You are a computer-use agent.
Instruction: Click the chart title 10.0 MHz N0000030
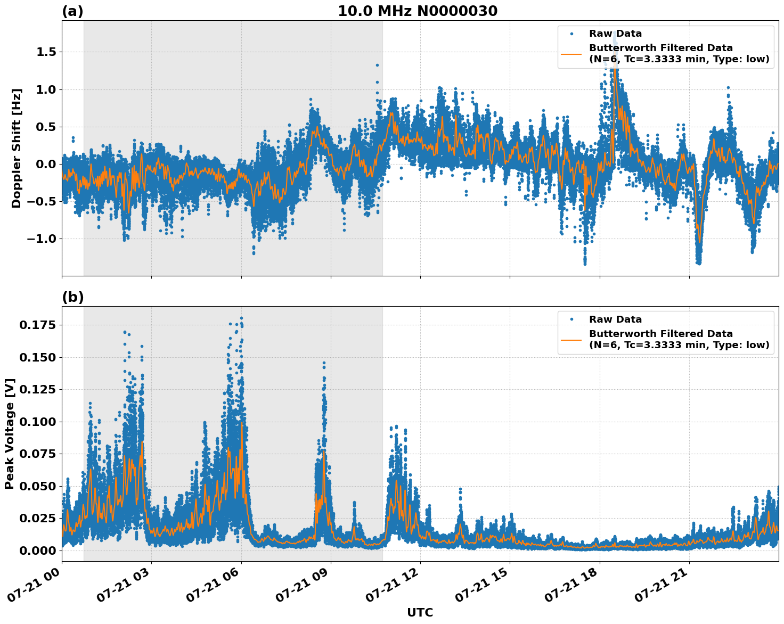point(418,11)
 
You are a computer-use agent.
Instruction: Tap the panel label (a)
point(72,11)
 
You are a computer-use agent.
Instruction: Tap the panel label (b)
point(73,297)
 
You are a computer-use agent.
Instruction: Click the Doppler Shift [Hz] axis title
point(17,148)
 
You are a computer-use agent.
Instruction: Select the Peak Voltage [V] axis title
point(10,433)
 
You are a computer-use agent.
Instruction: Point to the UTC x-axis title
point(420,612)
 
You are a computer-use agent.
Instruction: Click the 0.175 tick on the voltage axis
point(38,325)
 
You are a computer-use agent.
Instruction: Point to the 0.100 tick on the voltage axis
point(38,422)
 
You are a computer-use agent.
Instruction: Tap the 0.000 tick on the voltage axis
point(38,551)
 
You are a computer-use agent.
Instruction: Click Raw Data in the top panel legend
point(615,34)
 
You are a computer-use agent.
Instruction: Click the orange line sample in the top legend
point(571,54)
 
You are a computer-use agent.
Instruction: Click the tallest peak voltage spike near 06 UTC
point(241,318)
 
